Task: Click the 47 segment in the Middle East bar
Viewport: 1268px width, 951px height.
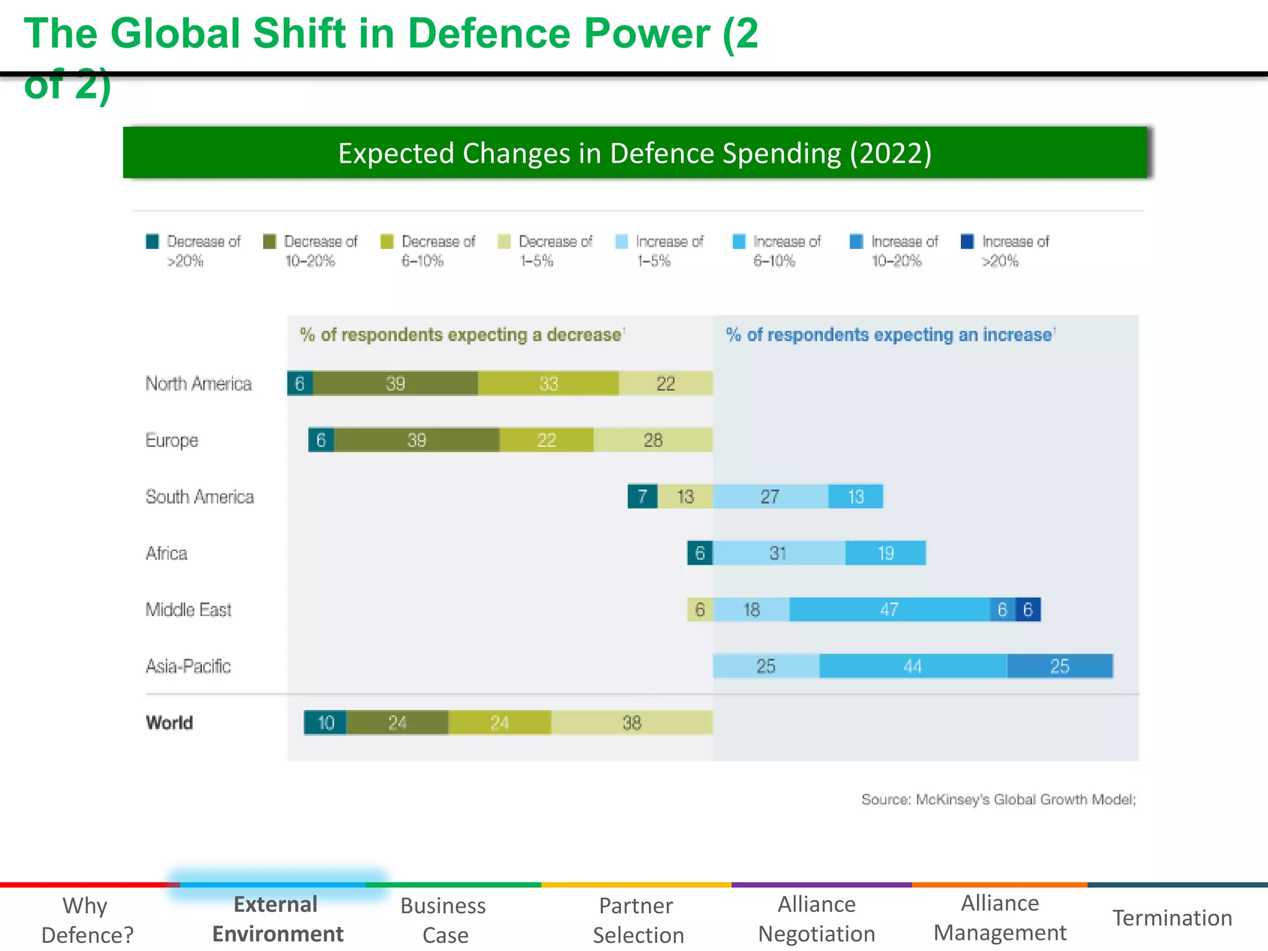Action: coord(889,610)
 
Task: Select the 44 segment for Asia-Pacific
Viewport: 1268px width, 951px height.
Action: coord(913,666)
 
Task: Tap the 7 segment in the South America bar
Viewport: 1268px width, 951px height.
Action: coord(643,497)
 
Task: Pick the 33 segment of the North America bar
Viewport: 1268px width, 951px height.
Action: coord(548,384)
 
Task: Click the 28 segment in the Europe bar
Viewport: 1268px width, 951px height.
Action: coord(653,440)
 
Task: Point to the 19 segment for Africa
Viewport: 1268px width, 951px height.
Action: coord(885,553)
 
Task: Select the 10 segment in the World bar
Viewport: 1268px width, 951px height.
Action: coord(326,723)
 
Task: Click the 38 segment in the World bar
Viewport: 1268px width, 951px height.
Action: coord(632,723)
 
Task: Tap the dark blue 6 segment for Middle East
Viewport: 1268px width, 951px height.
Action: coord(1028,610)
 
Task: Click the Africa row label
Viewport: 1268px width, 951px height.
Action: coord(167,553)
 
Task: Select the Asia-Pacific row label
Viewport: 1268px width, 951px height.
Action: coord(188,666)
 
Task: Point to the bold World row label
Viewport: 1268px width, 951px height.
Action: coord(170,723)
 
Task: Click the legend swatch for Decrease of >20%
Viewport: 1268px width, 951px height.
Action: coord(152,241)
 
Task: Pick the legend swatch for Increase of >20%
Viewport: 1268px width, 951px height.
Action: coord(967,241)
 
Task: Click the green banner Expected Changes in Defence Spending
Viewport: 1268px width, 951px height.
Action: coord(635,153)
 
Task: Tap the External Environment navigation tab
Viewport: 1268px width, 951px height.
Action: coord(277,919)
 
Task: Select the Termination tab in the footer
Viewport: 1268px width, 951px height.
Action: coord(1172,918)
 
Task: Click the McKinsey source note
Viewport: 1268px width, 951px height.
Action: coord(998,799)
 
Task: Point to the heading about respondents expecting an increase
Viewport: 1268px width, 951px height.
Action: coord(889,335)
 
